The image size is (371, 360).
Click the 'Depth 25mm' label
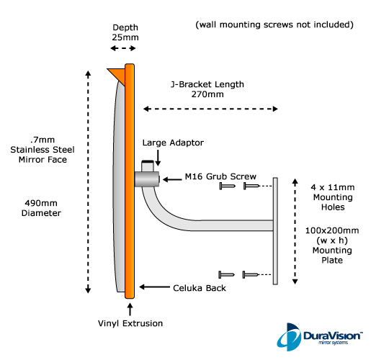(x=125, y=32)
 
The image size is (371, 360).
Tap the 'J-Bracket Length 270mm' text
(x=207, y=89)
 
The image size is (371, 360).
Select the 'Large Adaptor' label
(x=173, y=143)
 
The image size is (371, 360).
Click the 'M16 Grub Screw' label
(x=220, y=176)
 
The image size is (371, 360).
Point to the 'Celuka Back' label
(x=200, y=288)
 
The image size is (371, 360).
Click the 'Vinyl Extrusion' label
(x=130, y=323)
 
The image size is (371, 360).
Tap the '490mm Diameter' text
(x=41, y=208)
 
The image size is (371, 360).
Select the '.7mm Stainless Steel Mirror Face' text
(x=43, y=150)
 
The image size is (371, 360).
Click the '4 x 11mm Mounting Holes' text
(x=333, y=197)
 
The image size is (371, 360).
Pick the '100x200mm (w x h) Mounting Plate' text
(x=332, y=246)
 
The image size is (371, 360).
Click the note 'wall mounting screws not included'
(x=274, y=24)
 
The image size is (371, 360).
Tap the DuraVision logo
(x=320, y=337)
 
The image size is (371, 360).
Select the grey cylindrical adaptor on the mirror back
(x=147, y=179)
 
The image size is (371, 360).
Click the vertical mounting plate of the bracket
(x=275, y=231)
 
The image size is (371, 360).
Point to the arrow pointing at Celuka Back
(x=154, y=287)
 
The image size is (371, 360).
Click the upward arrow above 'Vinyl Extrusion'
(x=130, y=310)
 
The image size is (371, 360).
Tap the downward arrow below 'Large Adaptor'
(x=158, y=158)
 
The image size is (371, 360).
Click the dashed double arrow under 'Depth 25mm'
(x=123, y=48)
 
